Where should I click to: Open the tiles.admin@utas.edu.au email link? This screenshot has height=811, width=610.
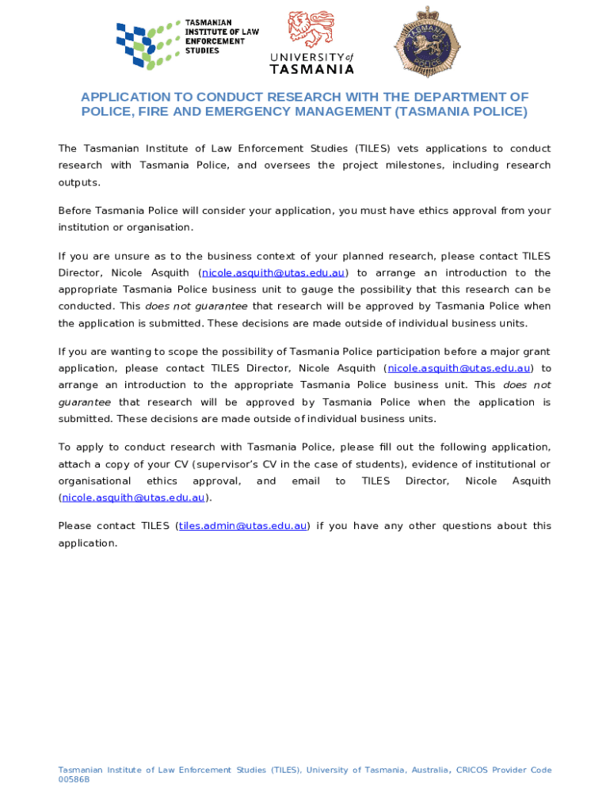pyautogui.click(x=242, y=526)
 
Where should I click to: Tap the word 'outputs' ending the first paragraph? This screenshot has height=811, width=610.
pyautogui.click(x=79, y=182)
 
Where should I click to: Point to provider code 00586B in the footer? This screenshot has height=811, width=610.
pyautogui.click(x=74, y=779)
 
